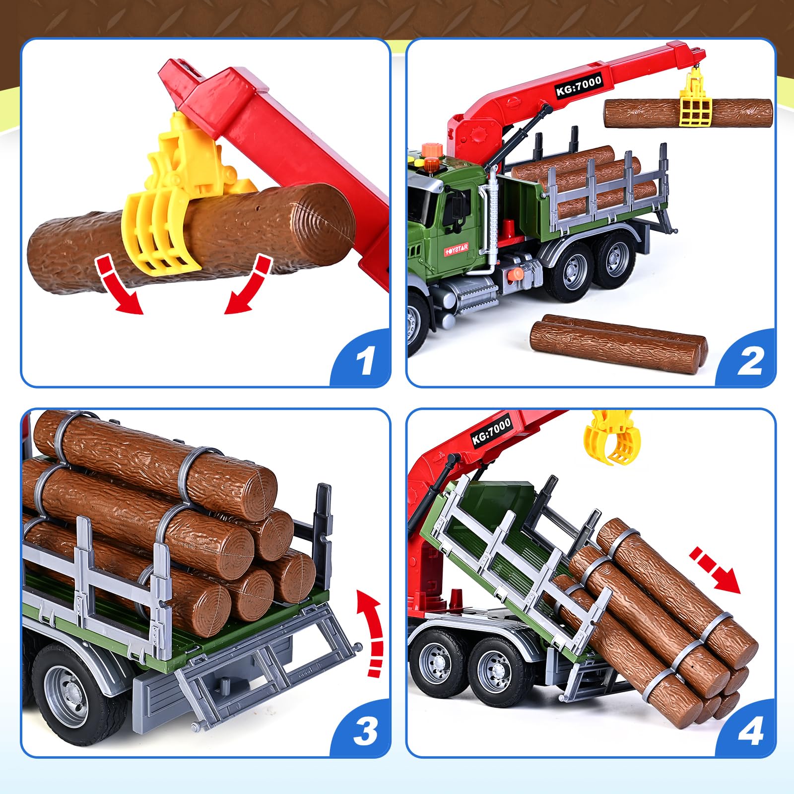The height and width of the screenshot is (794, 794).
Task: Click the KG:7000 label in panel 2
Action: coord(579,85)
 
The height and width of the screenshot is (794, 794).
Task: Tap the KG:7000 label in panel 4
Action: coord(491,431)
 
